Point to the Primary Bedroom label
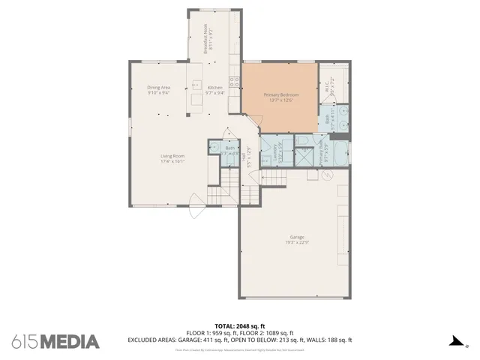280,97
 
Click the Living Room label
172,158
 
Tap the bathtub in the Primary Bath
337,154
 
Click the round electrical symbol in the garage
327,175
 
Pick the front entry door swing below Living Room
196,208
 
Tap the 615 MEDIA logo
55,341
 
